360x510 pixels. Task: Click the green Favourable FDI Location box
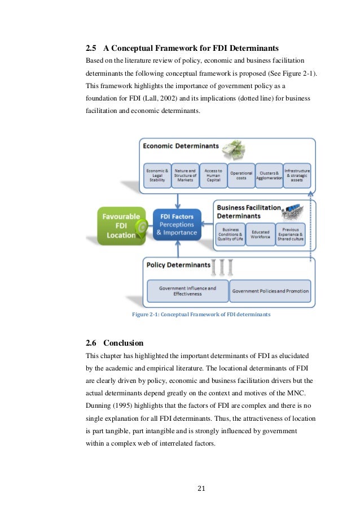tap(117, 225)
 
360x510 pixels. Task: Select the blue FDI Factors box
tap(177, 224)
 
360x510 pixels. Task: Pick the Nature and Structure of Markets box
tap(185, 175)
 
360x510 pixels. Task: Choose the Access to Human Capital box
tap(213, 175)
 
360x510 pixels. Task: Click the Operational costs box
tap(241, 175)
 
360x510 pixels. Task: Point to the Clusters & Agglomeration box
tap(269, 175)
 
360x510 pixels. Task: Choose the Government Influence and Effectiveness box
tap(187, 291)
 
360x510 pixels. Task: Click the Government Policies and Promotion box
tap(270, 291)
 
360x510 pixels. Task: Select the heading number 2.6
tap(91, 343)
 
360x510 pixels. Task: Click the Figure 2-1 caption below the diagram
tap(201, 314)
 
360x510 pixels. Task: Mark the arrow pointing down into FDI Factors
tap(177, 201)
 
